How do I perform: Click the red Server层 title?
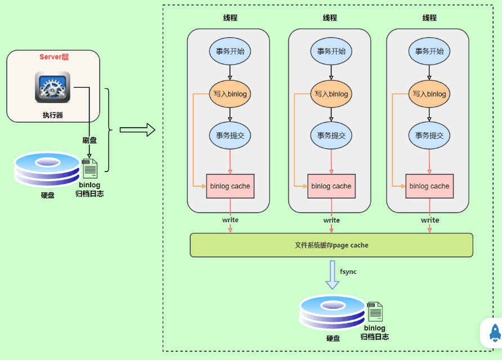pyautogui.click(x=54, y=57)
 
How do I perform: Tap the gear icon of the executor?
pyautogui.click(x=52, y=87)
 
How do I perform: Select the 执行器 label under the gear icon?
pyautogui.click(x=53, y=115)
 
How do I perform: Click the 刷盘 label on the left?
pyautogui.click(x=89, y=140)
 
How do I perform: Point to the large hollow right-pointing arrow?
pyautogui.click(x=137, y=129)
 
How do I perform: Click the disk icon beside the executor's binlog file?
pyautogui.click(x=47, y=169)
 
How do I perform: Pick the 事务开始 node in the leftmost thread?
pyautogui.click(x=230, y=51)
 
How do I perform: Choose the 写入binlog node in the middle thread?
pyautogui.click(x=331, y=94)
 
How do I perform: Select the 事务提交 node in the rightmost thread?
pyautogui.click(x=429, y=136)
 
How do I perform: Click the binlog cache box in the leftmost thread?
pyautogui.click(x=230, y=186)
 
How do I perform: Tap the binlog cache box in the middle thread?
pyautogui.click(x=331, y=186)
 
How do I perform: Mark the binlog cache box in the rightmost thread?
pyautogui.click(x=429, y=186)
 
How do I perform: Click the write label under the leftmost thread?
pyautogui.click(x=230, y=220)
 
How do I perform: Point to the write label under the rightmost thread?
pyautogui.click(x=430, y=220)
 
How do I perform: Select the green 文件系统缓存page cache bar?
pyautogui.click(x=331, y=245)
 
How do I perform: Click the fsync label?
pyautogui.click(x=348, y=272)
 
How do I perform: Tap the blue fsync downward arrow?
pyautogui.click(x=332, y=275)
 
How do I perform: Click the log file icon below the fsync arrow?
pyautogui.click(x=375, y=312)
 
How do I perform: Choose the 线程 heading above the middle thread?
pyautogui.click(x=330, y=17)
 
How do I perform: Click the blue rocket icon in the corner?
pyautogui.click(x=495, y=332)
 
